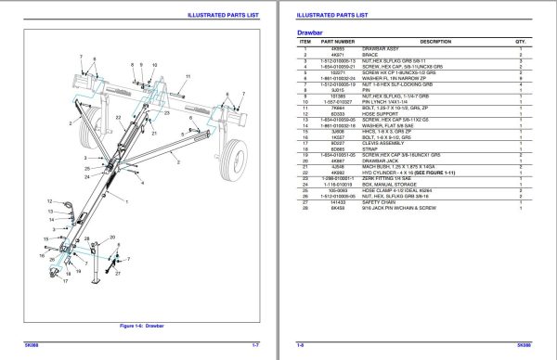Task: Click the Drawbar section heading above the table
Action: tap(294, 33)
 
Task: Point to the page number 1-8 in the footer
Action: tap(301, 343)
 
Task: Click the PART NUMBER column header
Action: tap(338, 42)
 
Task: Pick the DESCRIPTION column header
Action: tap(435, 42)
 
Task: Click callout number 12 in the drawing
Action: tap(47, 200)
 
